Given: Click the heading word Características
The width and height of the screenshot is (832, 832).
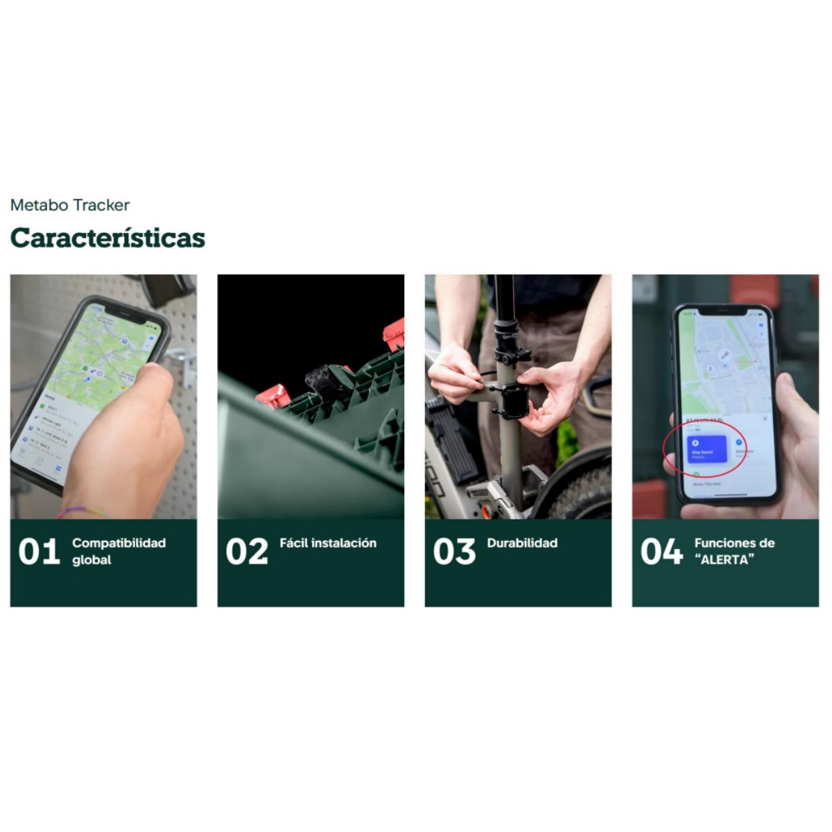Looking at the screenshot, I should click(x=107, y=238).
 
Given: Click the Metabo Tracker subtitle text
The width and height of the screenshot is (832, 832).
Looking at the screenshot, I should click(x=70, y=205).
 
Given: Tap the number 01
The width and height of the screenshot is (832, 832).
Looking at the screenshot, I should click(x=39, y=552).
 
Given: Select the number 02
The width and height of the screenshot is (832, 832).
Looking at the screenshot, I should click(x=246, y=552).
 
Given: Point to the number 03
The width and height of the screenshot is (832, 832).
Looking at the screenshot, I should click(x=454, y=552).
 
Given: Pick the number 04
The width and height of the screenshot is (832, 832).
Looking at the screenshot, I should click(x=661, y=552).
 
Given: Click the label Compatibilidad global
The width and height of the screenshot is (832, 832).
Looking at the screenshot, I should click(x=119, y=551).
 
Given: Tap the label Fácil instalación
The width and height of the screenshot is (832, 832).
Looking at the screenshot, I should click(x=328, y=543).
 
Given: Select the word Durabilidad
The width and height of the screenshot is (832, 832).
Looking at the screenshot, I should click(x=522, y=543).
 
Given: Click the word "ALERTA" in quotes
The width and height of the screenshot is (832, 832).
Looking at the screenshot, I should click(x=724, y=560).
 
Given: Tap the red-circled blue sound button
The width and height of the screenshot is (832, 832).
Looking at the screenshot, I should click(x=705, y=449).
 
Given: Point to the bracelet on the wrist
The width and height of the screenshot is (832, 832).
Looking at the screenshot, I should click(x=80, y=512).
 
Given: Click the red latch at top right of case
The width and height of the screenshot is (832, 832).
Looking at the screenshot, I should click(x=394, y=334).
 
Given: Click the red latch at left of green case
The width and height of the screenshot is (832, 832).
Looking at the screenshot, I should click(x=272, y=397).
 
